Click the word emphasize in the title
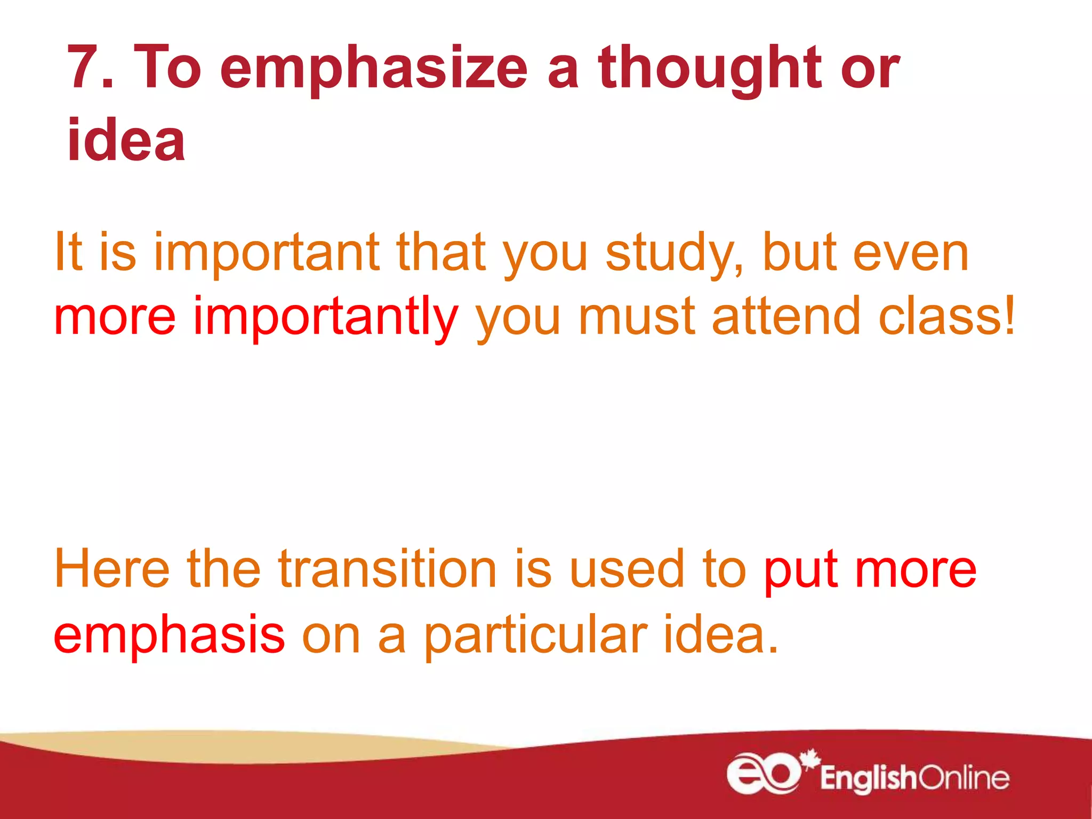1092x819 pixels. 373,69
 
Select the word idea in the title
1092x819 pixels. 126,140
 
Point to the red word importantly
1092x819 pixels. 325,317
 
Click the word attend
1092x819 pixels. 786,317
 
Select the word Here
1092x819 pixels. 112,569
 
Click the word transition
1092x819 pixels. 388,569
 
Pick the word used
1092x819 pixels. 627,569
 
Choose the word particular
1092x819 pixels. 535,635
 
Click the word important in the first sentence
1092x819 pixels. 267,253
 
